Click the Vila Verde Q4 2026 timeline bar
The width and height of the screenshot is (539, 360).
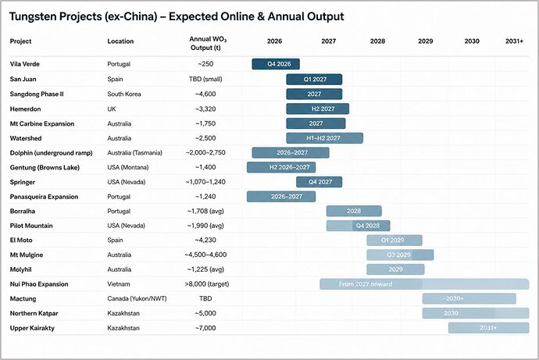276,64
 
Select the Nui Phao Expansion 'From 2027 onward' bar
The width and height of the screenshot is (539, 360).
424,284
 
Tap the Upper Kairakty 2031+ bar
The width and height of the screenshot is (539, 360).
488,328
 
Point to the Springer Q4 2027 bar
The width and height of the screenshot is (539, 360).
319,182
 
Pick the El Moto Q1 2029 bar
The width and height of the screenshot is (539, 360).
394,240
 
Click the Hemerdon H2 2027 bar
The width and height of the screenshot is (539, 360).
318,109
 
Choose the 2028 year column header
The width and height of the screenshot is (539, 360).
377,41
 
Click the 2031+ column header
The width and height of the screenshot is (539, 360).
514,41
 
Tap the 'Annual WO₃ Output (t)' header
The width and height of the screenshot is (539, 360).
207,43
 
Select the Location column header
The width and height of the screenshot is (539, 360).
120,41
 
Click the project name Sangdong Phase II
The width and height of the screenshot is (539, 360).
37,94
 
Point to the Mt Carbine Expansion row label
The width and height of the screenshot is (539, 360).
42,123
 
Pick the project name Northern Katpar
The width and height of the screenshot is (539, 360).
34,313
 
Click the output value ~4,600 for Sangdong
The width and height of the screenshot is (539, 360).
205,94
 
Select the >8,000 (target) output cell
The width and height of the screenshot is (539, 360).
206,284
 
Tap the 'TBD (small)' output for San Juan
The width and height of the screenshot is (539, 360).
205,79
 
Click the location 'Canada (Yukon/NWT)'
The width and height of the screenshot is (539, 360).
137,298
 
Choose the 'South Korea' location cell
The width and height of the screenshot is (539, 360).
124,94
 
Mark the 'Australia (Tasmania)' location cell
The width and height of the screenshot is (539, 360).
134,153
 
